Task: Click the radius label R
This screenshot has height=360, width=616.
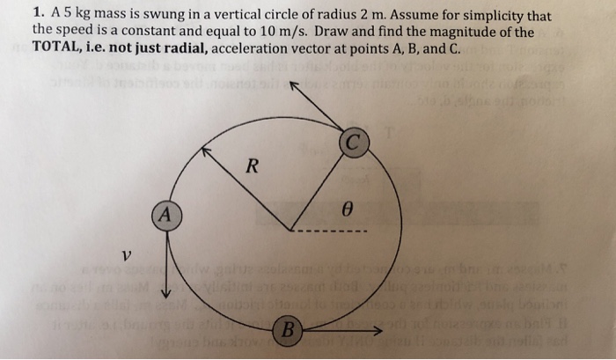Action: (251, 167)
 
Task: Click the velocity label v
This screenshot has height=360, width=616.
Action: (128, 254)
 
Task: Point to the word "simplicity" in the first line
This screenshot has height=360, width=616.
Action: (504, 15)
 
